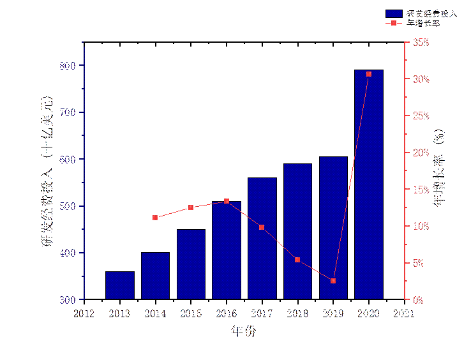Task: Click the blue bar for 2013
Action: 120,285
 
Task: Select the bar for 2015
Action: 191,264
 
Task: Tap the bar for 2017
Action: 262,239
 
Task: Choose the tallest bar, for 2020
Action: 369,184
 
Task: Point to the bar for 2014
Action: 156,276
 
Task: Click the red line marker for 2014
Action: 155,218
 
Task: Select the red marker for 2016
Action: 227,201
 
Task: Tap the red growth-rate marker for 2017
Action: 262,227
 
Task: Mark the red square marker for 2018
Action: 297,260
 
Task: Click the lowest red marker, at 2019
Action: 333,281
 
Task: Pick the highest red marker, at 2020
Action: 369,74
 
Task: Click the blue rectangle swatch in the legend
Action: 394,13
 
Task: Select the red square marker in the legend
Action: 394,23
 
